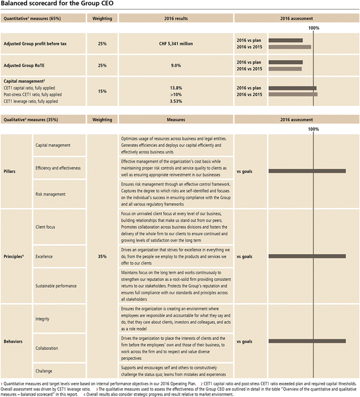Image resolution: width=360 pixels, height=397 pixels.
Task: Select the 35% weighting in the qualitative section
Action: (102, 257)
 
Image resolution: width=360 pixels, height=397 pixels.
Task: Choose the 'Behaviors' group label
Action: (14, 341)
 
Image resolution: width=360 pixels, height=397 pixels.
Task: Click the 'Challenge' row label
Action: (45, 370)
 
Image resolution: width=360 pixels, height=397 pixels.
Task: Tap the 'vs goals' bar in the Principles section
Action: (307, 256)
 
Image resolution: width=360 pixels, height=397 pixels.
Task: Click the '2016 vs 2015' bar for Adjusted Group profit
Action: (290, 47)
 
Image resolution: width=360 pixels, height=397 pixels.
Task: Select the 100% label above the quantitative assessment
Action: (314, 28)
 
